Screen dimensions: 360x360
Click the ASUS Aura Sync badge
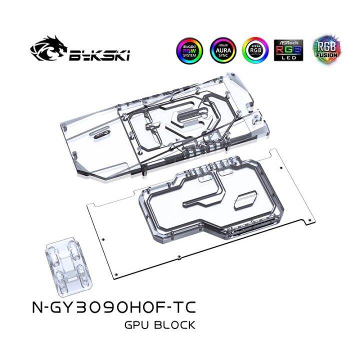(x=220, y=50)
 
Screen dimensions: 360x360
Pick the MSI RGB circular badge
(x=253, y=50)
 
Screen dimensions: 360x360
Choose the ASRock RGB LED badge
(x=287, y=50)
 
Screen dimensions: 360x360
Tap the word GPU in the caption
(x=135, y=325)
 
